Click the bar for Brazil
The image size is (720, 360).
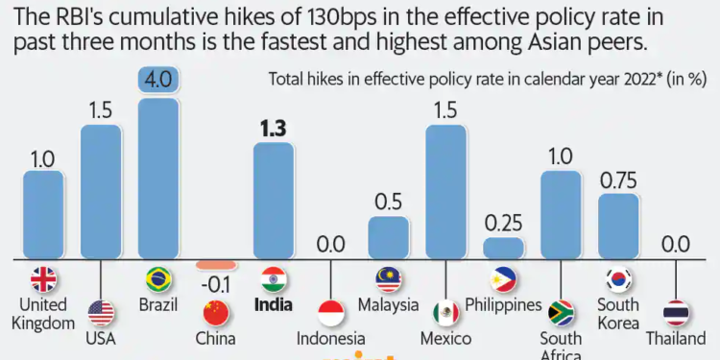(x=158, y=178)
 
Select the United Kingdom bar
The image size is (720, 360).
(x=43, y=216)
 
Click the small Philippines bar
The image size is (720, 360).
(x=504, y=249)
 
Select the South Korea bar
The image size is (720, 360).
(x=619, y=226)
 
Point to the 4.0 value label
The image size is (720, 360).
(x=158, y=83)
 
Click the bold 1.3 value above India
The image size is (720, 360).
(x=273, y=128)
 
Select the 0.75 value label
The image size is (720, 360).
(x=619, y=179)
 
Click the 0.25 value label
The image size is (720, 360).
(x=504, y=223)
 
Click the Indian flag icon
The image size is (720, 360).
(x=274, y=279)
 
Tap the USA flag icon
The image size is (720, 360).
(x=101, y=313)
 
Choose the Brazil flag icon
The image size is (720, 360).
(x=158, y=279)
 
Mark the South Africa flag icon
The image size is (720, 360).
(x=562, y=313)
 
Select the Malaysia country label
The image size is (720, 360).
(x=389, y=305)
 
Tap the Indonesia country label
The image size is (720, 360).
(x=331, y=338)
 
